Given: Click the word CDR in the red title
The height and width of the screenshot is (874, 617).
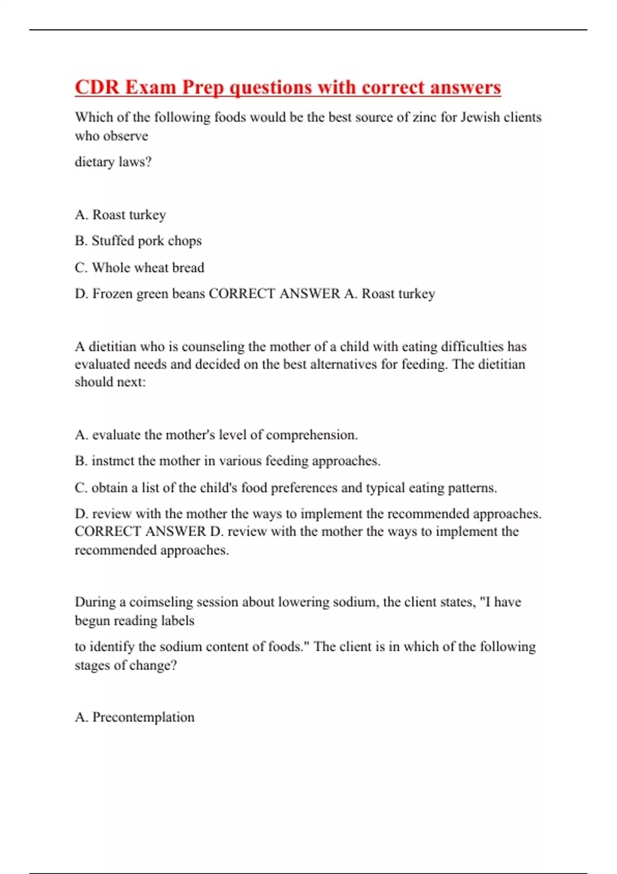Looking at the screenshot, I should click(x=97, y=87).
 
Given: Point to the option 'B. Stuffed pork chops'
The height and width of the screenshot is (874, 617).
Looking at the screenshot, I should click(x=138, y=241).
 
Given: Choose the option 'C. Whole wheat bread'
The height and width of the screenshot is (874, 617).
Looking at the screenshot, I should click(x=139, y=267).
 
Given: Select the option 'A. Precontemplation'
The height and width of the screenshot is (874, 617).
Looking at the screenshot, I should click(x=135, y=717).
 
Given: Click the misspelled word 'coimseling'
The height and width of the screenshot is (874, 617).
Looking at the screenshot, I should click(x=160, y=602).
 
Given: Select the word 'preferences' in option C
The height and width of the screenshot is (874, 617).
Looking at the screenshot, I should click(x=304, y=487).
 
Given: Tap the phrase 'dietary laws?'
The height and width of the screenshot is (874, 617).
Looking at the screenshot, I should click(x=113, y=162).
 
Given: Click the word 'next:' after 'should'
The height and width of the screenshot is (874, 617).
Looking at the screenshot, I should click(x=133, y=382).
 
